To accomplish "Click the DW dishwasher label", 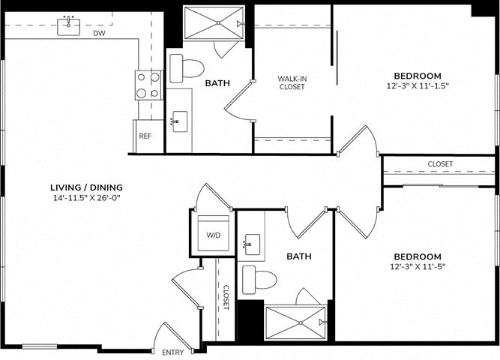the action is point(99,33).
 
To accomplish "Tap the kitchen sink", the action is point(68,27).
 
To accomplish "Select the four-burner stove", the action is point(149,85).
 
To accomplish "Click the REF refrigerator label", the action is point(145,136).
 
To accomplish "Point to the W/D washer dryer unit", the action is point(214,233).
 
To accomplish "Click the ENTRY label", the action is point(173,352).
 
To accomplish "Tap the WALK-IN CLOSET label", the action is point(292,82).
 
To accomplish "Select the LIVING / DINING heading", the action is point(86,187).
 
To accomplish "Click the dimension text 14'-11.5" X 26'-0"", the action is point(86,197).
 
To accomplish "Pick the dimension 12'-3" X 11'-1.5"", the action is point(418,85).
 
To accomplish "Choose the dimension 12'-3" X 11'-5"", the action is point(418,266).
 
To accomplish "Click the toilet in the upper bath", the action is point(187,68).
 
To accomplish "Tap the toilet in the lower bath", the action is point(259,280).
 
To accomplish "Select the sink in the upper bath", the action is point(180,121).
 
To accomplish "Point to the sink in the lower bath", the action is point(253,244).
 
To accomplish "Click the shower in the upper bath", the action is point(214,23).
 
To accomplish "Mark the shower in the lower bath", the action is point(295,323).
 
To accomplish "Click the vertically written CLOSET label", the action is point(226,298).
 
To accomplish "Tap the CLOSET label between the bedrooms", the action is point(440,164).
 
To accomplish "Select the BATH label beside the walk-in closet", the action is point(217,83).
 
